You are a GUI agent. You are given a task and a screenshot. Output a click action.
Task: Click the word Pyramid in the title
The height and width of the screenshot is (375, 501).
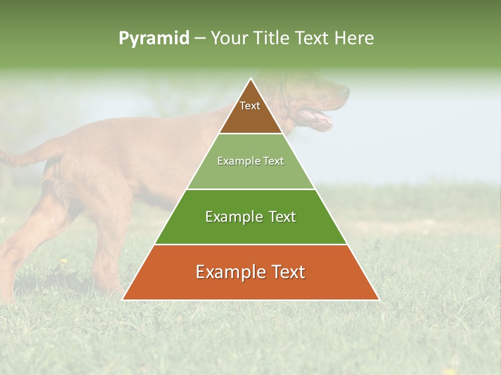tap(153, 39)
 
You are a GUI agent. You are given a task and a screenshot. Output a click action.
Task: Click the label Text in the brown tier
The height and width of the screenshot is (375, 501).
tap(250, 106)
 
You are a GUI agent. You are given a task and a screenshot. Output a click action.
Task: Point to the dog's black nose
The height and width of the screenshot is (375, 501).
tap(345, 92)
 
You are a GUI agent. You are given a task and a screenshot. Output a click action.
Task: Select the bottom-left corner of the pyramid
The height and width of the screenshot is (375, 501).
tap(122, 300)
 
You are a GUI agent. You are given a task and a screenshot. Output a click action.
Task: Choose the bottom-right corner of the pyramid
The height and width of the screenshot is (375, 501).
tap(379, 300)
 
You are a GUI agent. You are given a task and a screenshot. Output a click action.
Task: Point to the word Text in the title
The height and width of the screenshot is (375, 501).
tap(313, 38)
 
